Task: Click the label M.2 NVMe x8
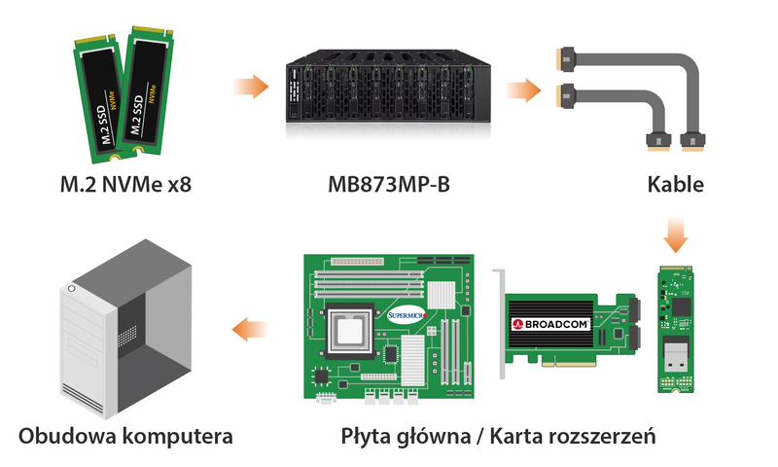pyautogui.click(x=125, y=185)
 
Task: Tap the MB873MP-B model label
pyautogui.click(x=388, y=185)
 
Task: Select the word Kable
pyautogui.click(x=675, y=185)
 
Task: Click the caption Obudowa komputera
pyautogui.click(x=125, y=437)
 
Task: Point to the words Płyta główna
pyautogui.click(x=406, y=437)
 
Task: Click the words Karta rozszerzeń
pyautogui.click(x=573, y=437)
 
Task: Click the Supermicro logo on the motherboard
pyautogui.click(x=407, y=315)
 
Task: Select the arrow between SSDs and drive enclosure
pyautogui.click(x=251, y=87)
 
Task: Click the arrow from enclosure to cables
pyautogui.click(x=523, y=90)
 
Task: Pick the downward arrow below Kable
pyautogui.click(x=676, y=234)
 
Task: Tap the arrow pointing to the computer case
pyautogui.click(x=250, y=330)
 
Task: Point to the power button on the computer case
pyautogui.click(x=72, y=288)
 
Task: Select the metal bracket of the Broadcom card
pyautogui.click(x=500, y=324)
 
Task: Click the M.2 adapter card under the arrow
pyautogui.click(x=675, y=329)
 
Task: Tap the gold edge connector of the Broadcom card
pyautogui.click(x=569, y=364)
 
